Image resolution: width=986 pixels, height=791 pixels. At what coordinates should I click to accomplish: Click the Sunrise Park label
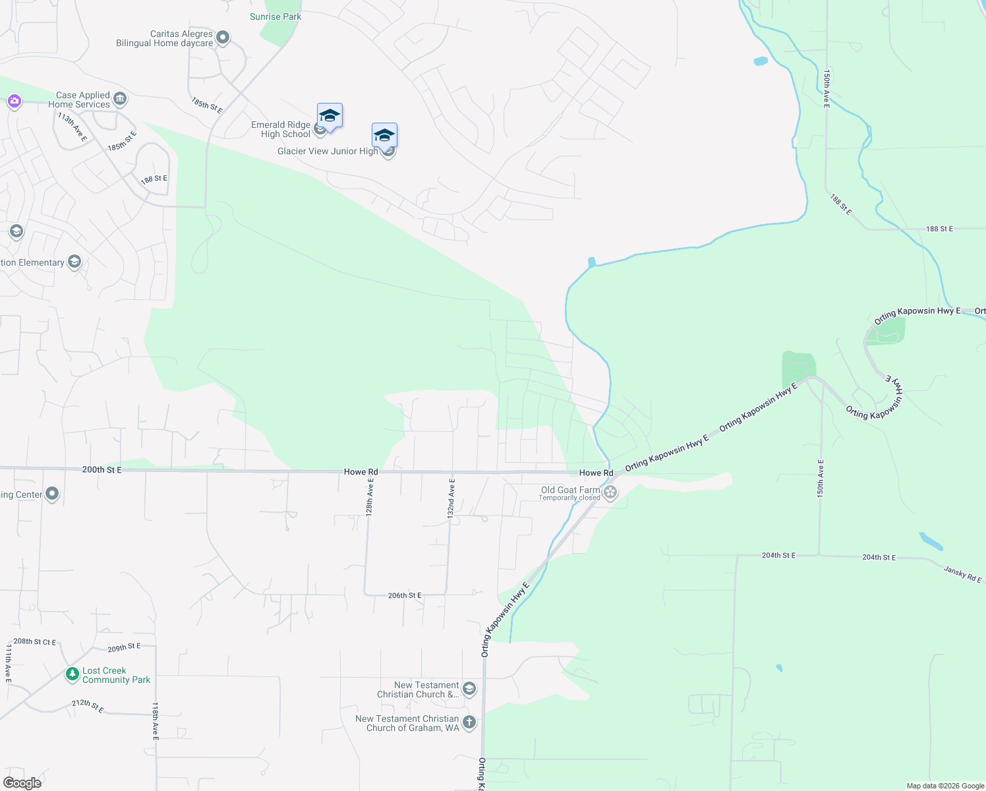pos(275,16)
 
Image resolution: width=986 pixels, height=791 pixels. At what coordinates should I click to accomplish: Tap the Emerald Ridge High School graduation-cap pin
pos(330,116)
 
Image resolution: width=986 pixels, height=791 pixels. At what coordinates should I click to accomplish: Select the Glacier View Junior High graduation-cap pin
pos(384,136)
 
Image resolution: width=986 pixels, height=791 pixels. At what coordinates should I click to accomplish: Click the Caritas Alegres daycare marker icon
pos(223,38)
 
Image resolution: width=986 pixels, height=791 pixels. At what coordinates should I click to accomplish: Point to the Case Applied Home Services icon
pos(120,100)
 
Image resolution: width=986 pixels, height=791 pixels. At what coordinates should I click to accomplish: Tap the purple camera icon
pos(14,102)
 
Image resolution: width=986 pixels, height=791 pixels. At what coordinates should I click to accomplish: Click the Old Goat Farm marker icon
pos(611,492)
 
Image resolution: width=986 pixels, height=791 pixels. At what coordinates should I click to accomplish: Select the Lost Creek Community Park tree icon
pos(72,674)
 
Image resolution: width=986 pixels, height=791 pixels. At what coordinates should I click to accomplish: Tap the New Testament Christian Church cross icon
pos(469,722)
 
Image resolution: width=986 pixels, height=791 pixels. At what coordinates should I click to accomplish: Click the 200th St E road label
pos(101,470)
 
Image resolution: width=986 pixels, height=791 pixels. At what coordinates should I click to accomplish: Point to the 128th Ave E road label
pos(370,498)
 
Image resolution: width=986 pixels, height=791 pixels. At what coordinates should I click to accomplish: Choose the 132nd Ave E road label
pos(451,498)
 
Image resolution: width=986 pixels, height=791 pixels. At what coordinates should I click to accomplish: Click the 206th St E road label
pos(405,595)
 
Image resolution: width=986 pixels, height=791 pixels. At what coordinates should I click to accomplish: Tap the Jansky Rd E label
pos(962,574)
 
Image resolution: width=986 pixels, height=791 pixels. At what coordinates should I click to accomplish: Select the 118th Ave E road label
pos(156,720)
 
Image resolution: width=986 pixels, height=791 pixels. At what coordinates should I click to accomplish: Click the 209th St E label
pos(124,647)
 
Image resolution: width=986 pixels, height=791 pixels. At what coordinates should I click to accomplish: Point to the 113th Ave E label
pos(72,127)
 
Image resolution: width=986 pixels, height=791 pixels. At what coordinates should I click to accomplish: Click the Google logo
pos(22,783)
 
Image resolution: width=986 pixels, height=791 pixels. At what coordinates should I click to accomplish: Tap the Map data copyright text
pos(945,786)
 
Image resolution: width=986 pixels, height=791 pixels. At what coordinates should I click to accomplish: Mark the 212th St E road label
pos(88,705)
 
